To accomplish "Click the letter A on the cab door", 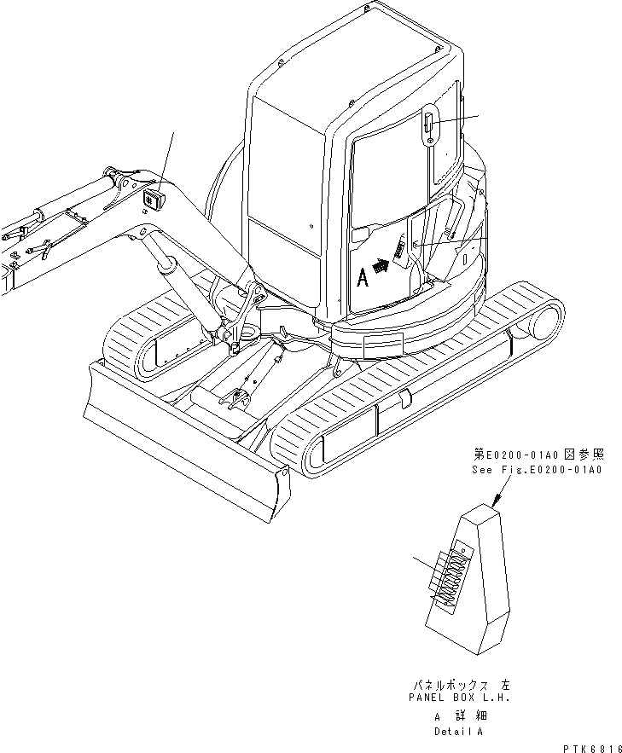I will tap(362, 277).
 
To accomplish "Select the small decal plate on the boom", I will tap(154, 200).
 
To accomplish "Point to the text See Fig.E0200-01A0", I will tap(537, 469).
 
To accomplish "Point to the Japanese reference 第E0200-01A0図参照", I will tap(537, 455).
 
